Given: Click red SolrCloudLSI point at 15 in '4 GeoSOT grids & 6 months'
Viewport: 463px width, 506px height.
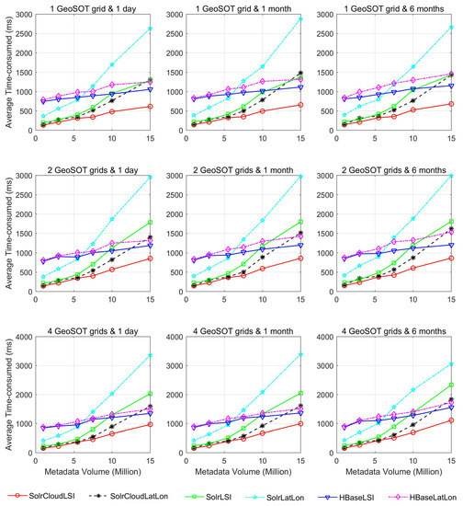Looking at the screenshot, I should click(452, 420).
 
